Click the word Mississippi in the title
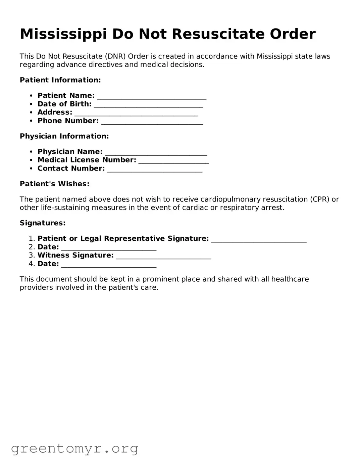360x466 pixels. click(63, 34)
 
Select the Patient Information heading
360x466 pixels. click(60, 80)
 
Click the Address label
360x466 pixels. click(55, 112)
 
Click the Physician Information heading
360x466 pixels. click(64, 136)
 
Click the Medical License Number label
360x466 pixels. click(87, 160)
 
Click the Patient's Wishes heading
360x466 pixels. click(55, 184)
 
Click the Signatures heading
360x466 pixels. click(43, 223)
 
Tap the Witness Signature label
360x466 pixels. click(75, 255)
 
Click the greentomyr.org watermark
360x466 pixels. click(74, 449)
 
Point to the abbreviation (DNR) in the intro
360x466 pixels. click(115, 56)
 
